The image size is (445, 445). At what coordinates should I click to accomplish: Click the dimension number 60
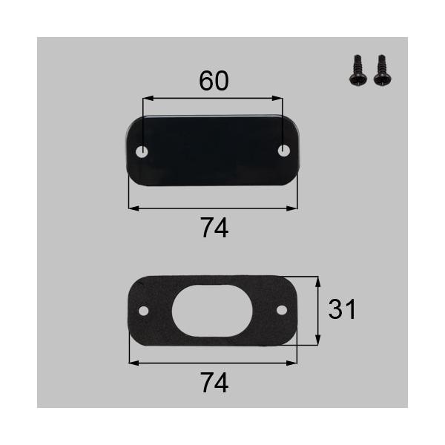pyautogui.click(x=214, y=82)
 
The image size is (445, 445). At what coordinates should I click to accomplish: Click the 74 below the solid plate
pyautogui.click(x=214, y=229)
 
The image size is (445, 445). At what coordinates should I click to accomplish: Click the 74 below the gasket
pyautogui.click(x=214, y=383)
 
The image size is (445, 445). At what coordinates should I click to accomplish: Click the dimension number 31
pyautogui.click(x=342, y=309)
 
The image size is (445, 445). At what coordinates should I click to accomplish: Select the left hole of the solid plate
pyautogui.click(x=143, y=151)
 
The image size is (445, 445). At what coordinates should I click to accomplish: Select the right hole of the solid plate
pyautogui.click(x=283, y=151)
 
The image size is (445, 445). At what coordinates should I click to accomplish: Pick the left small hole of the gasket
pyautogui.click(x=144, y=310)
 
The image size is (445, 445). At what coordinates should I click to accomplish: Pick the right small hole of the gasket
pyautogui.click(x=282, y=309)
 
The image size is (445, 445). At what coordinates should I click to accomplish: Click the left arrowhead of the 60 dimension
pyautogui.click(x=146, y=97)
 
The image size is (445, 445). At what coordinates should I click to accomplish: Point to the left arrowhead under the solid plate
pyautogui.click(x=132, y=208)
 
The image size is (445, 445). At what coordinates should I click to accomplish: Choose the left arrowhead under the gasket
pyautogui.click(x=132, y=363)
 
